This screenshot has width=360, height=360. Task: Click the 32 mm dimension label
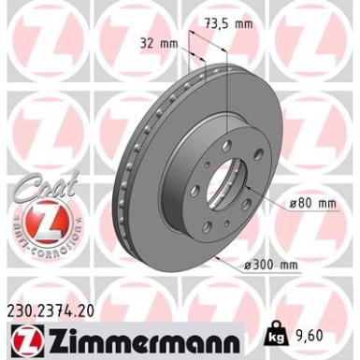tap(158, 43)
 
